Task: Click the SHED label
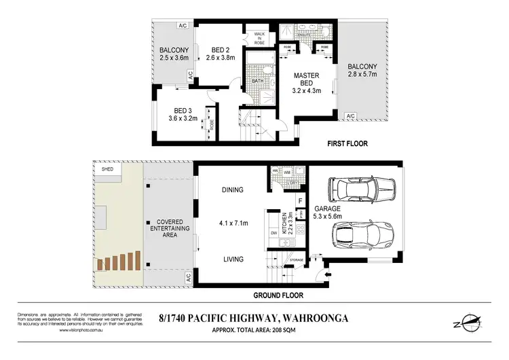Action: click(x=107, y=170)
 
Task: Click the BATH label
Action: click(x=258, y=81)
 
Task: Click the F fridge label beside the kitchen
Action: click(x=300, y=201)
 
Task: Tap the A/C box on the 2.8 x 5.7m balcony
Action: click(x=351, y=116)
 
